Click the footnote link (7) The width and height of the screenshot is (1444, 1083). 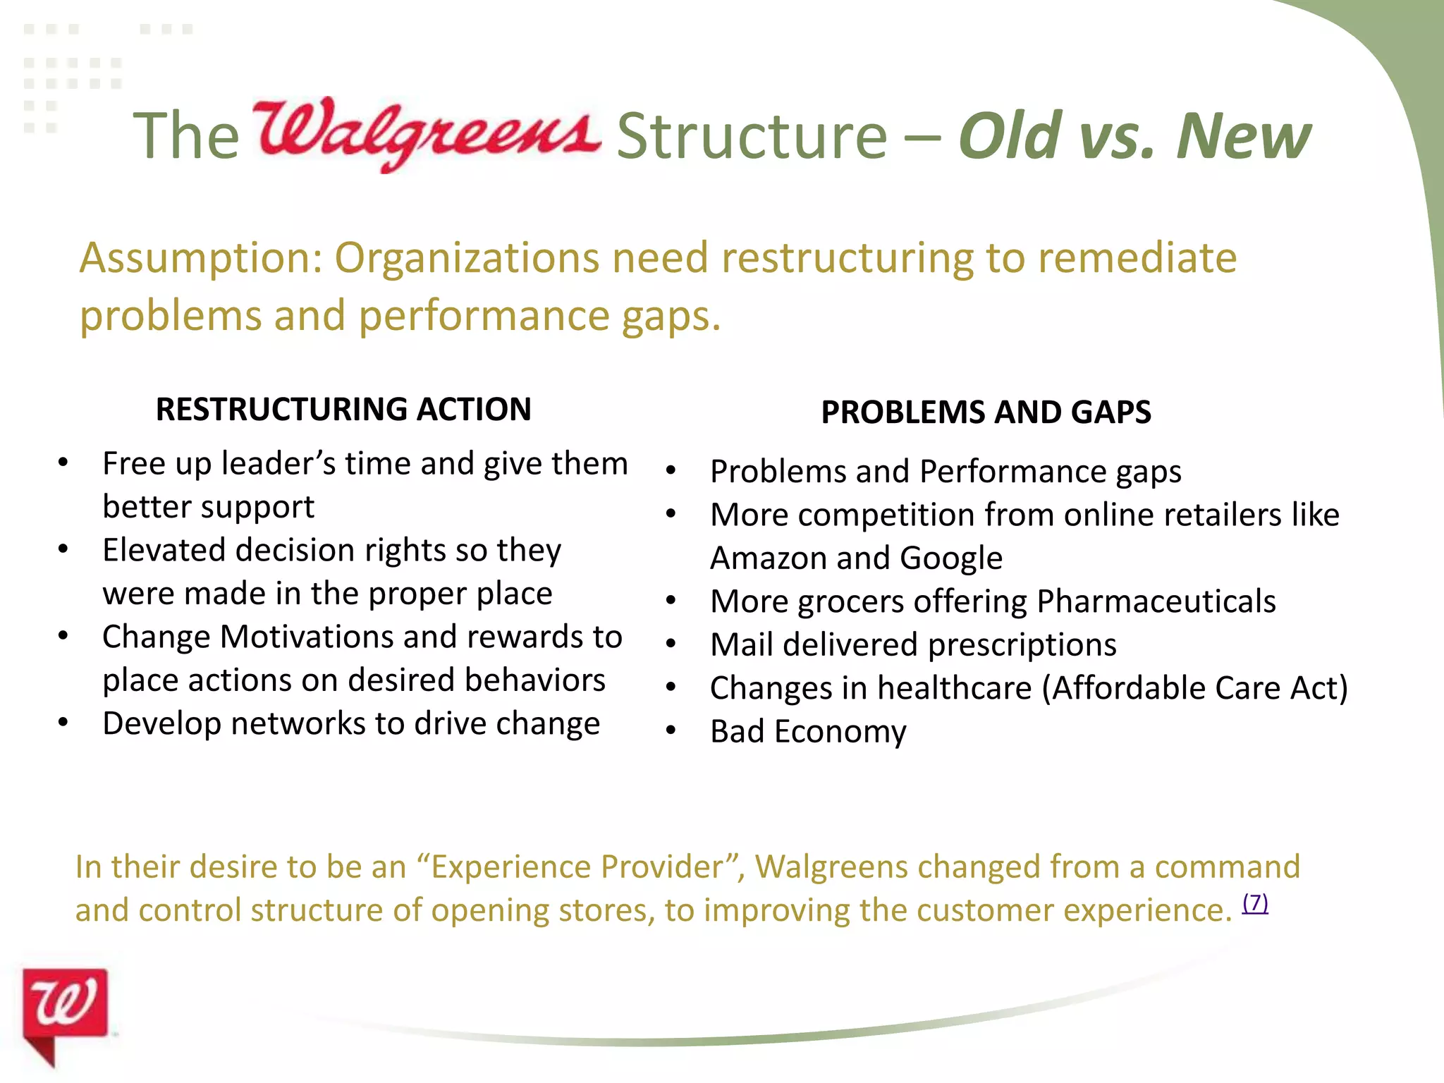pyautogui.click(x=1255, y=902)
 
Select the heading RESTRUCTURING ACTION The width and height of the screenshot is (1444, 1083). pyautogui.click(x=343, y=409)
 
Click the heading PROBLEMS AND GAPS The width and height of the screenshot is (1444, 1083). pyautogui.click(x=986, y=412)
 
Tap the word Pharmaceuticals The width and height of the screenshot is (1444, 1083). pyautogui.click(x=1156, y=601)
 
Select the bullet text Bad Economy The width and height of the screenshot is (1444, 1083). pyautogui.click(x=808, y=731)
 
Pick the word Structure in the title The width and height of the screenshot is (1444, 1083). pyautogui.click(x=752, y=135)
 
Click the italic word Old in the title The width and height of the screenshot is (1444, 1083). pyautogui.click(x=1010, y=135)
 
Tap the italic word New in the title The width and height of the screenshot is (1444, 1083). pyautogui.click(x=1243, y=135)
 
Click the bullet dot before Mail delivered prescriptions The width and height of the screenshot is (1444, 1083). pyautogui.click(x=671, y=644)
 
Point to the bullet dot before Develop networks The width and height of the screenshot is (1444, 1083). pyautogui.click(x=63, y=723)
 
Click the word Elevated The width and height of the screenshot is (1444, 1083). pyautogui.click(x=164, y=550)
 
